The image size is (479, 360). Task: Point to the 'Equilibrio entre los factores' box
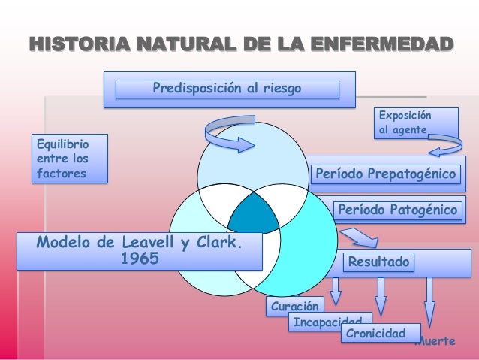(66, 158)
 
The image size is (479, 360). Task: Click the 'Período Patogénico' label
(396, 210)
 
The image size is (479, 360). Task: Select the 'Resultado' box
(378, 262)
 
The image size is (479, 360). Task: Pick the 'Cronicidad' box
(372, 333)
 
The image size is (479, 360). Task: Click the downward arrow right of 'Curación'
(336, 289)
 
